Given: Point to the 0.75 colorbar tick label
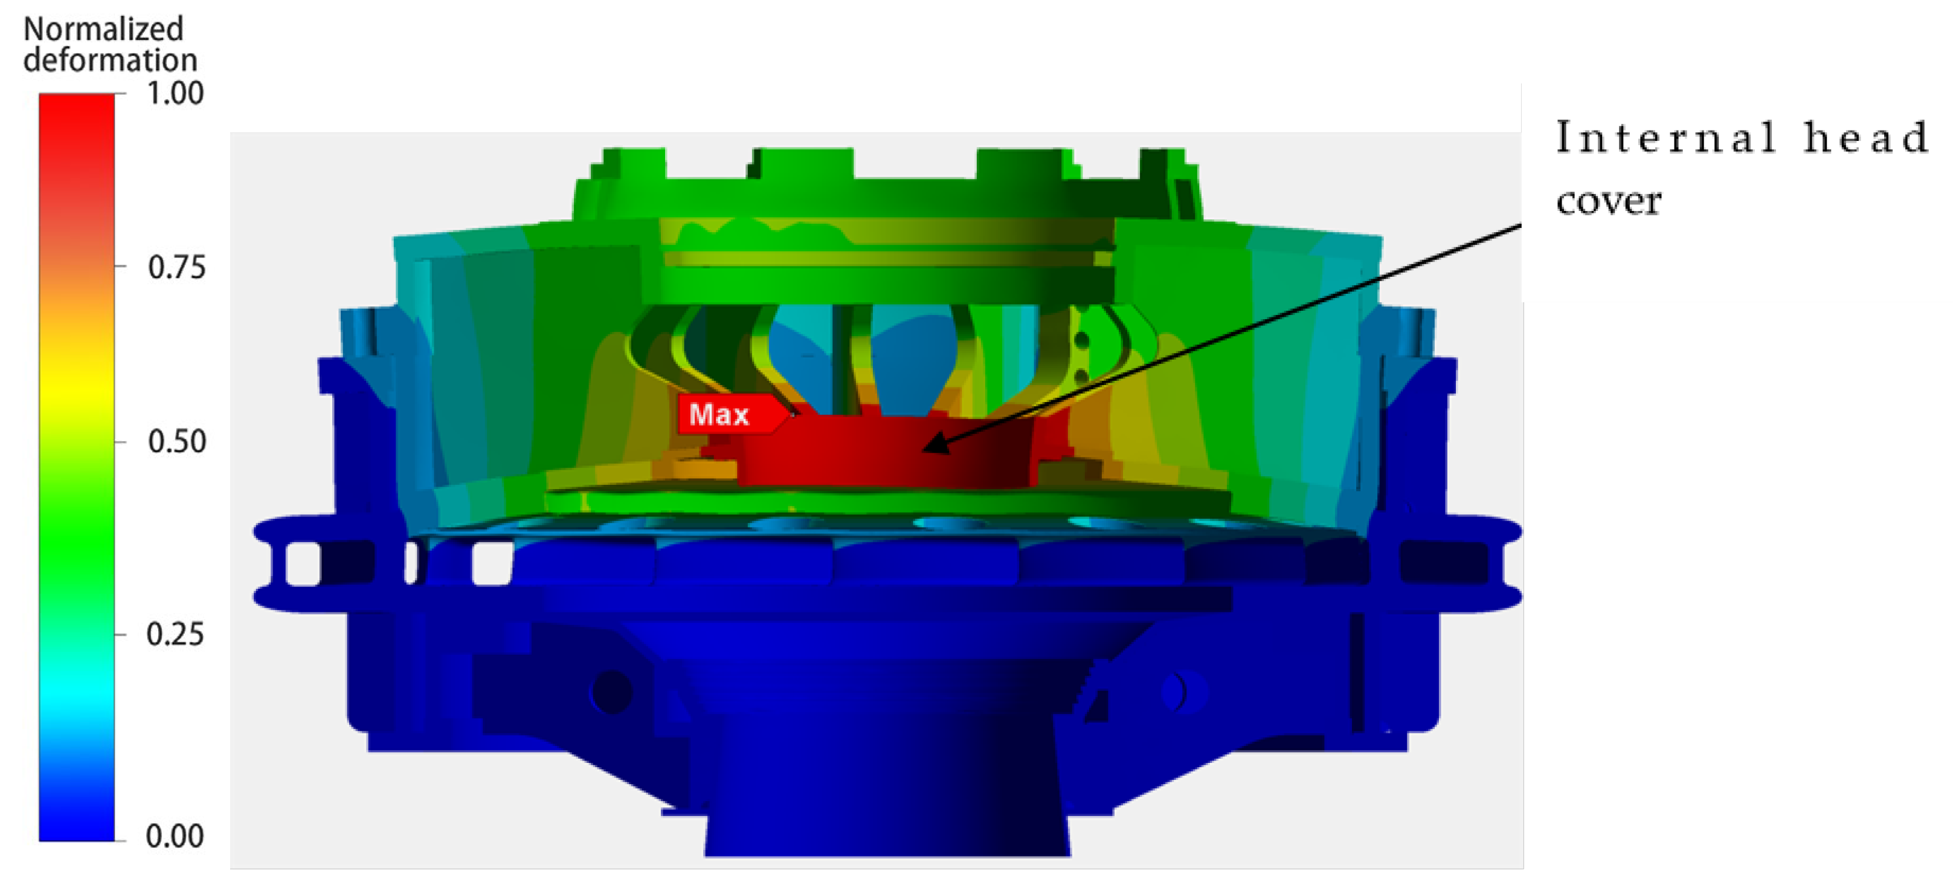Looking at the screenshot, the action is pyautogui.click(x=176, y=268).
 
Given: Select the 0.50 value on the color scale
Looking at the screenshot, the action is pyautogui.click(x=176, y=441).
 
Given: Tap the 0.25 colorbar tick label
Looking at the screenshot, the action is pyautogui.click(x=175, y=634).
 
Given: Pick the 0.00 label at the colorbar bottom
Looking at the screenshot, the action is pyautogui.click(x=175, y=837).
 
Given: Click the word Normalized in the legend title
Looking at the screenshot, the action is pyautogui.click(x=104, y=29).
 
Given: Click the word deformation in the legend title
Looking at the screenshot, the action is pyautogui.click(x=111, y=60).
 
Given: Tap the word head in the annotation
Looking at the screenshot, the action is pyautogui.click(x=1866, y=137).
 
